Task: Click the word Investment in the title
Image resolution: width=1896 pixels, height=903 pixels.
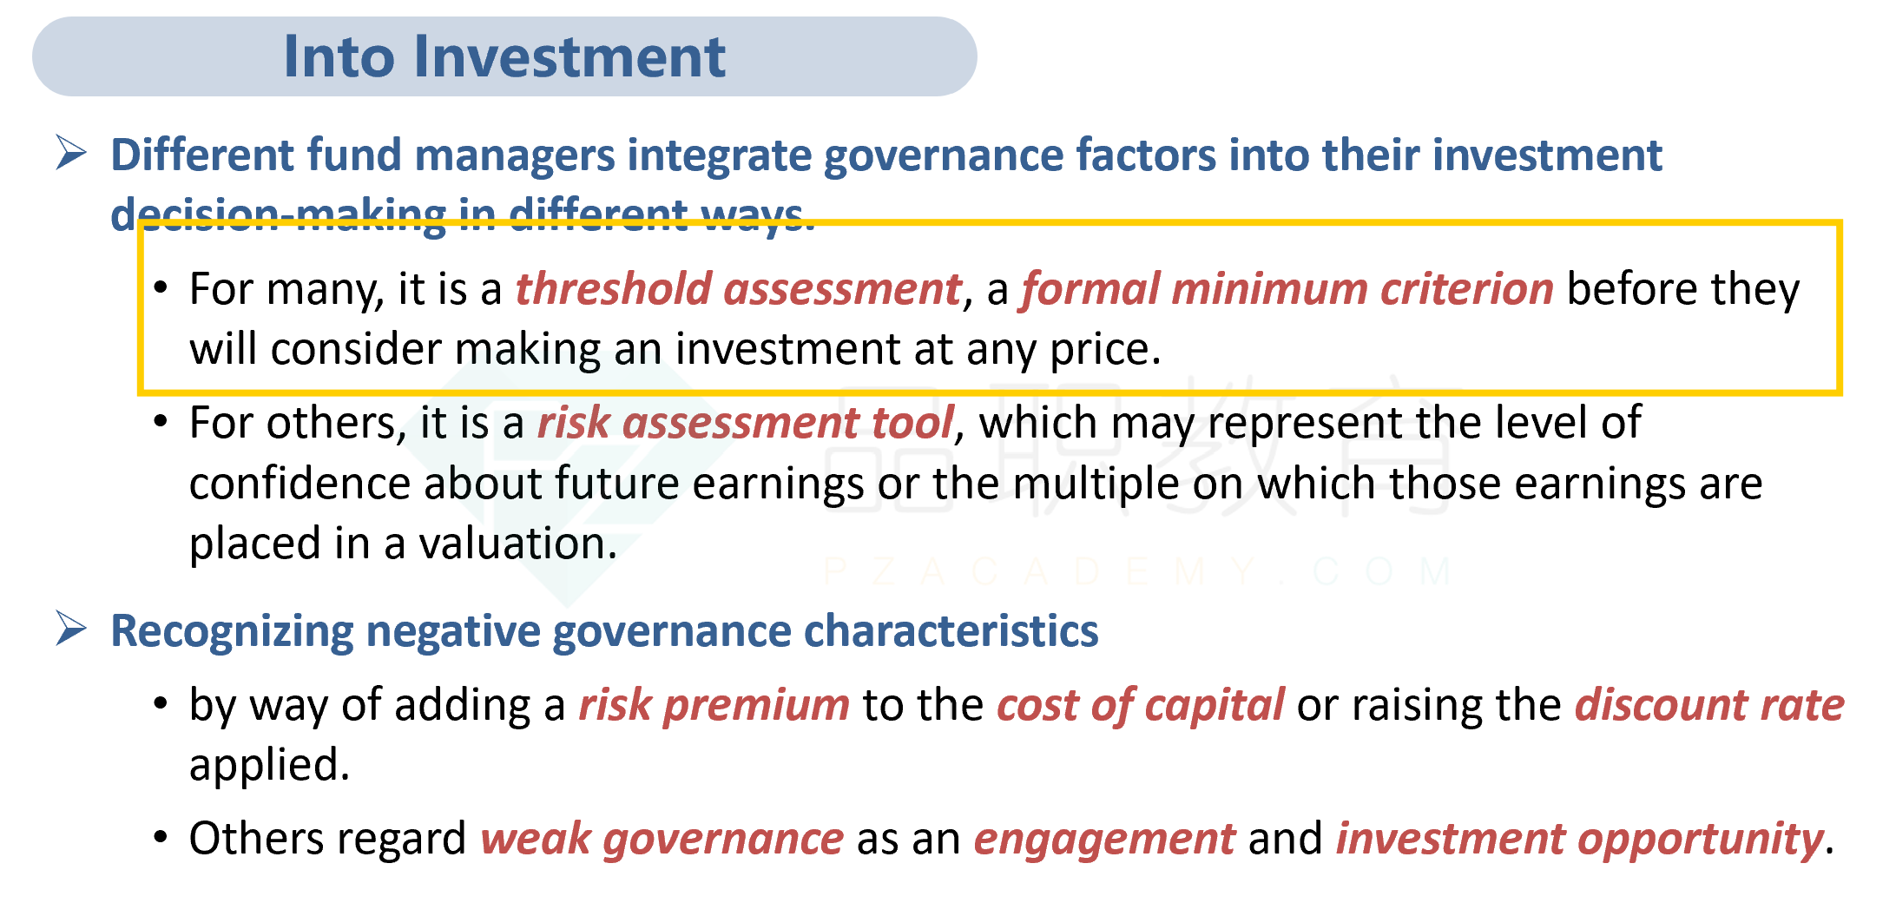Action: click(569, 56)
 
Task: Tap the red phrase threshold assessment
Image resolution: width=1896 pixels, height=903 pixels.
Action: click(739, 289)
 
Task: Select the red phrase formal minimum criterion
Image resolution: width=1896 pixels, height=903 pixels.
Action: click(1287, 289)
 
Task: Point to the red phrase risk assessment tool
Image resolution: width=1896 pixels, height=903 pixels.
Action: click(746, 423)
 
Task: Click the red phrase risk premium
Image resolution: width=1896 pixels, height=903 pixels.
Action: click(714, 705)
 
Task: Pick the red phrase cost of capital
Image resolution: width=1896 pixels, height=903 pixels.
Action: click(1140, 705)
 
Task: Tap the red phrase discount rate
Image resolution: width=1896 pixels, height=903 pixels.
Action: click(1709, 705)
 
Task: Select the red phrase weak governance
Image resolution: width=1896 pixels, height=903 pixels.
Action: click(662, 840)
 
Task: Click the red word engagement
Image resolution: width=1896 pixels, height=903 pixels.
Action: click(1104, 840)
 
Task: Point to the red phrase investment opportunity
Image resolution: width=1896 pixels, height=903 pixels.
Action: click(1579, 840)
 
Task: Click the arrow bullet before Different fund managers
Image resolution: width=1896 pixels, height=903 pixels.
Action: click(71, 153)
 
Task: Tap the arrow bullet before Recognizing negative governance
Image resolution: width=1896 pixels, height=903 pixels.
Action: click(71, 629)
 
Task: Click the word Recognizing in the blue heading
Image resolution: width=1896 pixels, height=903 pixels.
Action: click(232, 631)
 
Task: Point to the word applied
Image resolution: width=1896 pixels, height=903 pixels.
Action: click(269, 766)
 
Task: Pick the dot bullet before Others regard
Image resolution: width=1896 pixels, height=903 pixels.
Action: click(161, 838)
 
